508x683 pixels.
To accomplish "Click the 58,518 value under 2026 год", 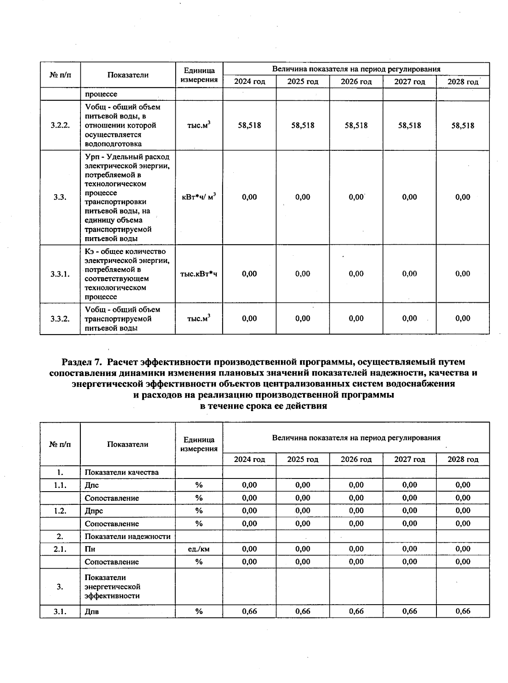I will coord(356,125).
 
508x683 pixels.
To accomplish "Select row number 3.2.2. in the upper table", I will coord(60,125).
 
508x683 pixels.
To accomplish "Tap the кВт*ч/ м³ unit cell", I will coord(199,197).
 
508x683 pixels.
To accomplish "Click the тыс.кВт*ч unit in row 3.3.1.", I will coord(199,274).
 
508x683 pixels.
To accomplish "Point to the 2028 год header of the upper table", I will coord(463,82).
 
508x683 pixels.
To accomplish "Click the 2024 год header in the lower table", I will coord(249,459).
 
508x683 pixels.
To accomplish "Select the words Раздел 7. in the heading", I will coord(82,362).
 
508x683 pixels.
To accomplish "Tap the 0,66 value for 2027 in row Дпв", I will coord(409,611).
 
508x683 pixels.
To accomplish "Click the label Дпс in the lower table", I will coord(92,485).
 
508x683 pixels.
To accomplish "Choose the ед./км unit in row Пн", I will coord(199,549).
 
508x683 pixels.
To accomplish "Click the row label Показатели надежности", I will coord(127,536).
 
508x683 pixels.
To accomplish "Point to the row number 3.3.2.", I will coord(60,319).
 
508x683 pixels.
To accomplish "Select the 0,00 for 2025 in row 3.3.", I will coord(303,197).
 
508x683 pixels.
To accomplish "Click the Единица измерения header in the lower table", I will coord(199,444).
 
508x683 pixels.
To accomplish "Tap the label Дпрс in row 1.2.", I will coord(94,511).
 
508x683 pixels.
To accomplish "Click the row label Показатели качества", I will coord(121,472).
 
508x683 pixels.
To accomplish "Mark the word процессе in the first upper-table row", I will coord(101,94).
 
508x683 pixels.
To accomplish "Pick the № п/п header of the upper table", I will coord(60,75).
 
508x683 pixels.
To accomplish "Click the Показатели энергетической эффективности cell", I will coord(112,586).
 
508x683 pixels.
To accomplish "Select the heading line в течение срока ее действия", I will coord(263,406).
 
